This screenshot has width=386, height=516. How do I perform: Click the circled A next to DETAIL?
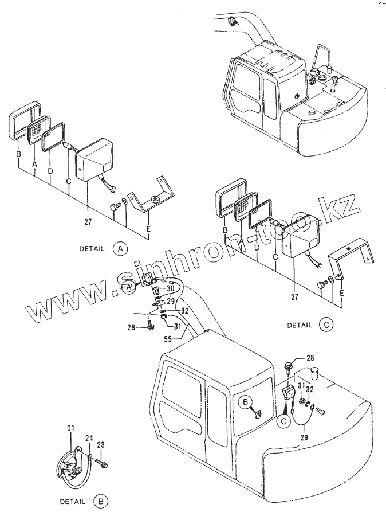(120, 249)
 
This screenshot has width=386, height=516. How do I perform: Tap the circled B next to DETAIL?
(101, 501)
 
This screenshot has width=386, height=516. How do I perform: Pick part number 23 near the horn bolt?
(100, 444)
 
